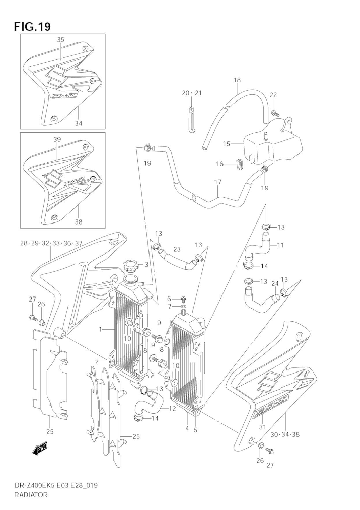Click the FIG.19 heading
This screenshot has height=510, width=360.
(x=32, y=26)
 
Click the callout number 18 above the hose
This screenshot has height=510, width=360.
(x=237, y=80)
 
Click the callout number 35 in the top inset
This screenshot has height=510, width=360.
(x=60, y=40)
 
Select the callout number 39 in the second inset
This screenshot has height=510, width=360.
(x=57, y=140)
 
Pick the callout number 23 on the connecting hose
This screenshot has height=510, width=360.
(x=177, y=249)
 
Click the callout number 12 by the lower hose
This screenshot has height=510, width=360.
(x=172, y=408)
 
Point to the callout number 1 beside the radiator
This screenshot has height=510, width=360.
(x=100, y=329)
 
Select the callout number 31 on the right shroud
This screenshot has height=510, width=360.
(x=262, y=427)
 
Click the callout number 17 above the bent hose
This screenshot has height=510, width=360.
(x=218, y=182)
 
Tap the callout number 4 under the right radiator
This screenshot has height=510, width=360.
(x=187, y=428)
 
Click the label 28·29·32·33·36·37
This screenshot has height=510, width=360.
(x=51, y=243)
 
